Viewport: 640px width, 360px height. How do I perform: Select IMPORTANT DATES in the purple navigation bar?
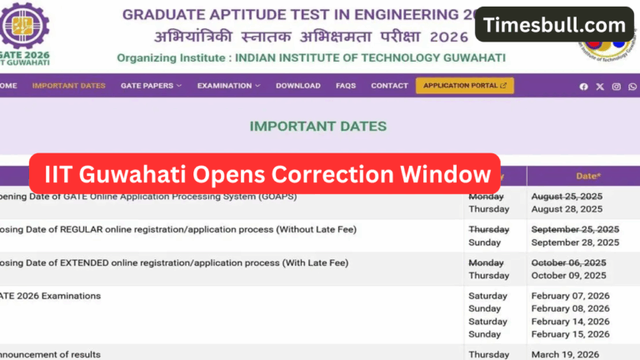click(68, 86)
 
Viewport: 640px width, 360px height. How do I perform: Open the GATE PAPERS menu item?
click(151, 86)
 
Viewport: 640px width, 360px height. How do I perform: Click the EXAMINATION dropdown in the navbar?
click(228, 86)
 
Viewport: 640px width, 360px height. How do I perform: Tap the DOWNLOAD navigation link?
click(298, 86)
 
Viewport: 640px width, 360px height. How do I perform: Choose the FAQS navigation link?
click(346, 86)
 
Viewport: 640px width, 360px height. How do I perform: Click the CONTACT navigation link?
click(389, 86)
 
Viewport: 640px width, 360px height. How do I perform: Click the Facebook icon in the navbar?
click(583, 87)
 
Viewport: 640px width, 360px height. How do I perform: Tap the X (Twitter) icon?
click(600, 87)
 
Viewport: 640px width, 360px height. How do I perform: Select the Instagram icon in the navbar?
click(617, 87)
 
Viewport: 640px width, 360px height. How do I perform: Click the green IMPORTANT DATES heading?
click(318, 127)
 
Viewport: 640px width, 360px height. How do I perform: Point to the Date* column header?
click(588, 176)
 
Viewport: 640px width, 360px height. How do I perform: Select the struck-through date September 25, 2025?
click(575, 229)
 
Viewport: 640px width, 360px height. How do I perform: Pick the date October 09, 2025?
click(569, 276)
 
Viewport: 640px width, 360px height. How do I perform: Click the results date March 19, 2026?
click(566, 354)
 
